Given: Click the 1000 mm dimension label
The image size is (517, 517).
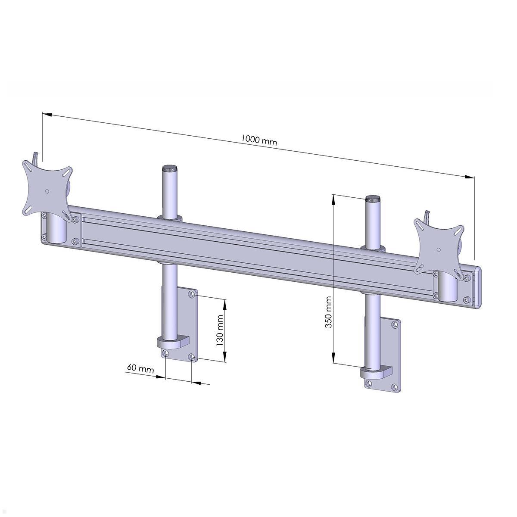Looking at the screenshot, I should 258,140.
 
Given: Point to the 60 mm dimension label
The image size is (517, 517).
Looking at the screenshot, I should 140,368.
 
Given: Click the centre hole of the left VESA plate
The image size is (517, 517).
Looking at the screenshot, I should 47,191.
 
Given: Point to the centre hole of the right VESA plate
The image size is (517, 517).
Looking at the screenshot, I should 438,249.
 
